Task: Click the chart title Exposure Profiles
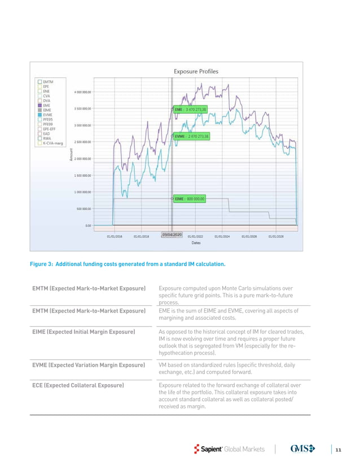195,72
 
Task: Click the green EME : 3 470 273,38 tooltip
191,108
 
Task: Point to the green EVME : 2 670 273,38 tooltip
191,136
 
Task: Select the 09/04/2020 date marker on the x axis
172,233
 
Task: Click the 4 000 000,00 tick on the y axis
84,91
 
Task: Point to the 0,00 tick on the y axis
88,225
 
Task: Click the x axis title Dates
195,244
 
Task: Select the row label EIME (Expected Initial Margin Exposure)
84,332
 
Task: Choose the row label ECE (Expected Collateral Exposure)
78,385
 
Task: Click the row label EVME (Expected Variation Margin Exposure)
89,366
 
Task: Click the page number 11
338,449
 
